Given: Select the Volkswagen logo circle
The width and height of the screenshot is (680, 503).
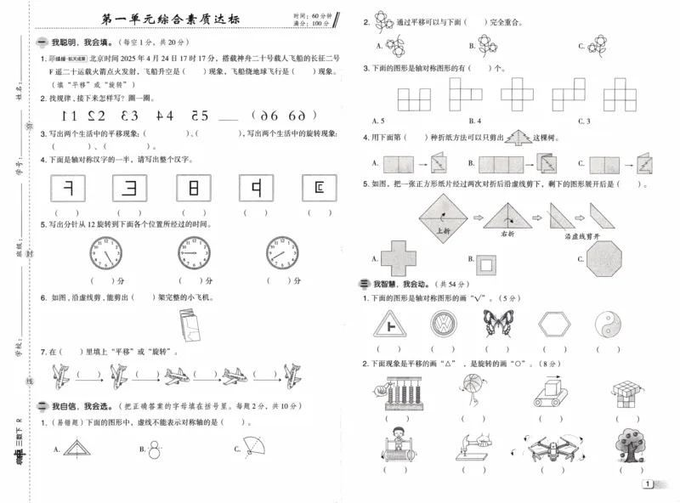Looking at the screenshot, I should (x=443, y=324).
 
